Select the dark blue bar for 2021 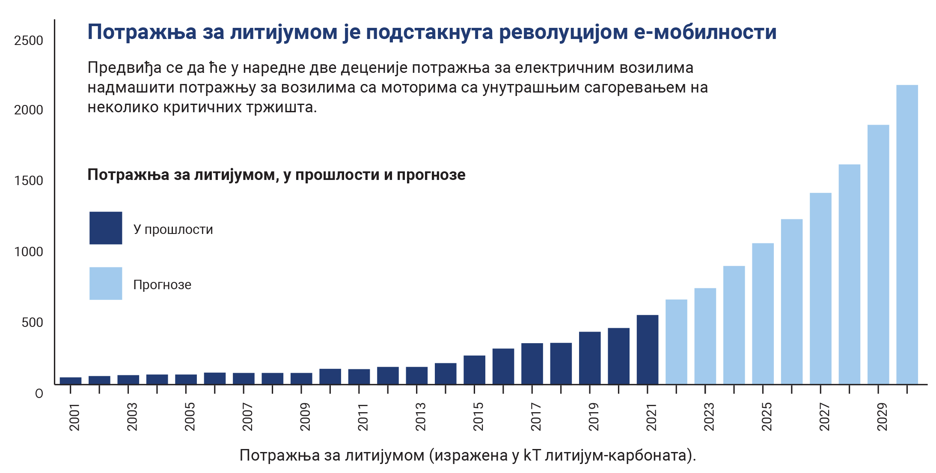pos(647,350)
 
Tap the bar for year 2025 pos(763,314)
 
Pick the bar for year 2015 pos(474,370)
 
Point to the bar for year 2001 pos(71,380)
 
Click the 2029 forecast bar pos(878,254)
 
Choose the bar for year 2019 pos(590,358)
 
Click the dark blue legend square pos(106,228)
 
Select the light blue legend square pos(106,284)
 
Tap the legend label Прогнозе pos(162,284)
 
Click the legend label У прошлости pos(173,230)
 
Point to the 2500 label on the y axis pos(29,41)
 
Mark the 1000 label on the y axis pos(29,251)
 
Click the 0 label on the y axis pos(39,393)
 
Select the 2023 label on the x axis pos(709,416)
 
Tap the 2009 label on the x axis pos(305,416)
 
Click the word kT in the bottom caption pos(532,455)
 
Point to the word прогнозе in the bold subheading pos(431,175)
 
